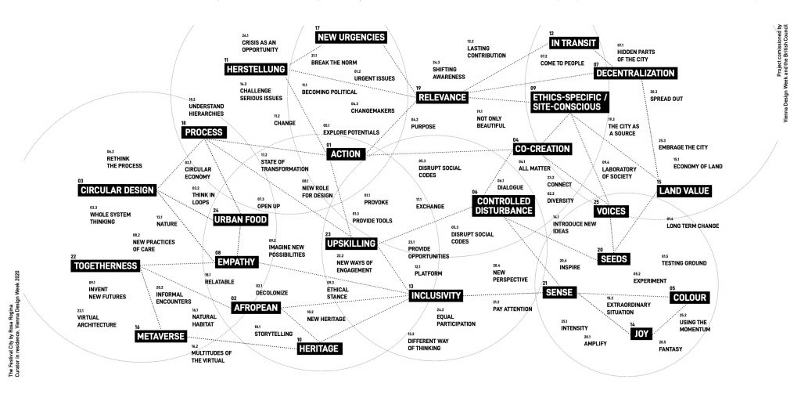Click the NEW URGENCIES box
[350, 37]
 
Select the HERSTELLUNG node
[255, 70]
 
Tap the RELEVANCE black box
[441, 98]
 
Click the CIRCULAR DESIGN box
[118, 190]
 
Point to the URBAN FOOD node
[241, 220]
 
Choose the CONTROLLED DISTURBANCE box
[503, 205]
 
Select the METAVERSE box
[160, 337]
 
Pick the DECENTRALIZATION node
[634, 73]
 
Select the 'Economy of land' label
[697, 166]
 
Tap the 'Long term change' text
[692, 226]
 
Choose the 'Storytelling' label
[271, 333]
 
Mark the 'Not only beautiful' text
[492, 123]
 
